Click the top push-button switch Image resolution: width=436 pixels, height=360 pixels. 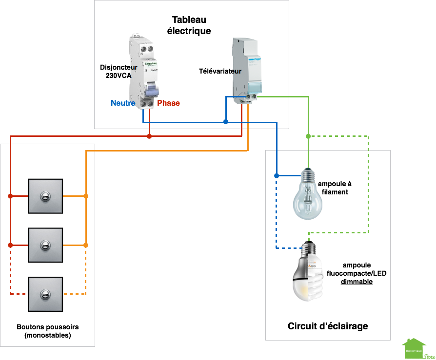[45, 196]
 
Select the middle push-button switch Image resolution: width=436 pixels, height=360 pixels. [45, 245]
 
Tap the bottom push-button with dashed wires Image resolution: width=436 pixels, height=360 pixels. [45, 294]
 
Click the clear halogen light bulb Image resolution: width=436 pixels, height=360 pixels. [308, 195]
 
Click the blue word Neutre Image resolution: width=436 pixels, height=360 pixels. [122, 103]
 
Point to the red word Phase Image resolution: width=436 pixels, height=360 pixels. [168, 103]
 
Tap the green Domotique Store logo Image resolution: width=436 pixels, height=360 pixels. [418, 348]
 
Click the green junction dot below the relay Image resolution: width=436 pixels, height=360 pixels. [308, 136]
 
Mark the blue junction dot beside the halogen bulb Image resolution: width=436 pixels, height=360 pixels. [277, 175]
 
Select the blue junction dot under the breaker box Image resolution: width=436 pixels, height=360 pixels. [225, 122]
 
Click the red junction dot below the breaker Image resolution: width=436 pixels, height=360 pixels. [149, 136]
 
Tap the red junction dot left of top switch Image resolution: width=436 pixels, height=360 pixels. [10, 196]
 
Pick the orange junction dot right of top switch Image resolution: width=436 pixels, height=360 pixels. [86, 196]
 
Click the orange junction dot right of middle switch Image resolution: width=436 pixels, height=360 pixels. [86, 245]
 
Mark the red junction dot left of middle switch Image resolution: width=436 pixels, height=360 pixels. [10, 245]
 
